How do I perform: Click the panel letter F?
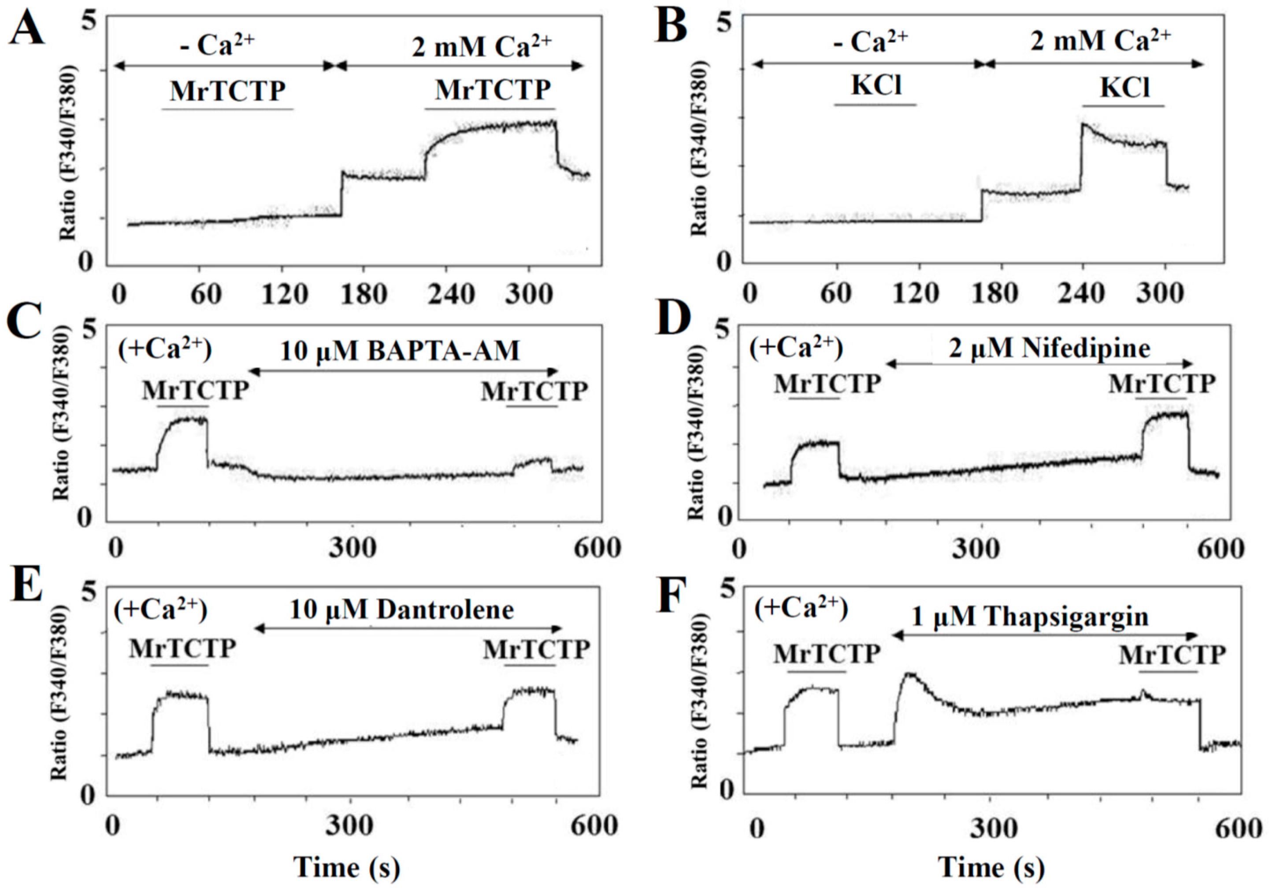(669, 606)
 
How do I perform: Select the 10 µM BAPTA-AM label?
(400, 352)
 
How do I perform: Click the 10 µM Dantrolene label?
(401, 610)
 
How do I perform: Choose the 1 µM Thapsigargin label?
(1029, 617)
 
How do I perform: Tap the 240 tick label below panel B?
(1080, 293)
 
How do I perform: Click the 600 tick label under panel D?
(1219, 549)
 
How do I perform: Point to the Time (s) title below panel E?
(346, 866)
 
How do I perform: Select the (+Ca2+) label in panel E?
(160, 612)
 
